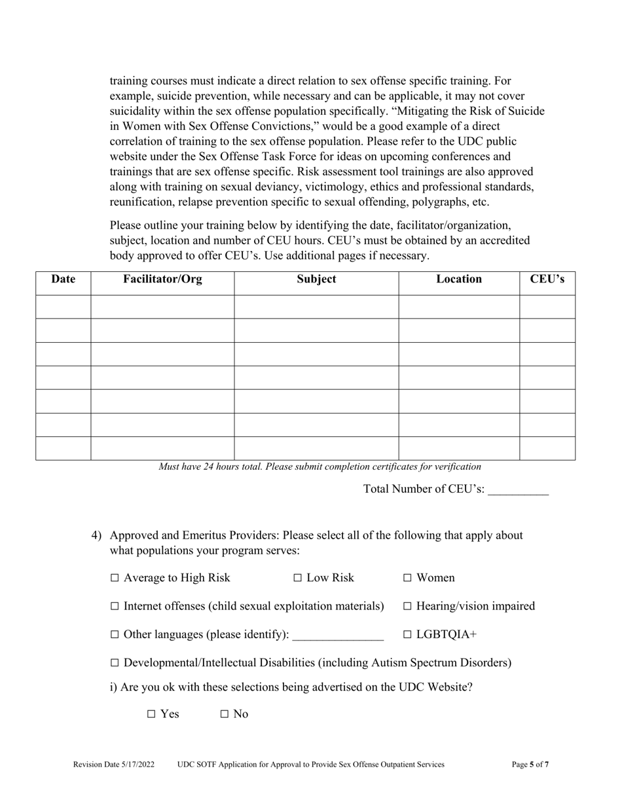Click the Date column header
(63, 279)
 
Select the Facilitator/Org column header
(162, 279)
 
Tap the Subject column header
(316, 279)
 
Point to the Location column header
(459, 279)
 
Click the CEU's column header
(547, 279)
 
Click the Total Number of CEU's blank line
(518, 489)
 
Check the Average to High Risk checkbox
(115, 578)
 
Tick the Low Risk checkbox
(298, 578)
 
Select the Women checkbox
(408, 578)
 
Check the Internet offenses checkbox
(115, 607)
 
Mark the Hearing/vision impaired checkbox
(408, 607)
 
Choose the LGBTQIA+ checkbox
(408, 635)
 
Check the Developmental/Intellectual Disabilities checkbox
(115, 663)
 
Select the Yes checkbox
(152, 714)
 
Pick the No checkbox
(225, 714)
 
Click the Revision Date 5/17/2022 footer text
(114, 764)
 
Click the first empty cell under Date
(63, 307)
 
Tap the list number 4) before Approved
(96, 535)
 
